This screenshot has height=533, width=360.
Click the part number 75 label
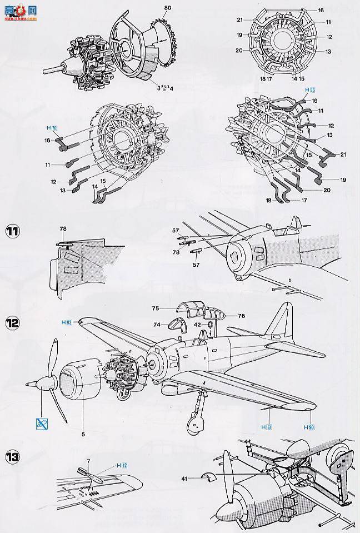coord(156,307)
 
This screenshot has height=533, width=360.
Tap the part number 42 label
coord(198,324)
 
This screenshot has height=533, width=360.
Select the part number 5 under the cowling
coord(83,429)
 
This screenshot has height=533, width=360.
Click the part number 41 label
coord(184,477)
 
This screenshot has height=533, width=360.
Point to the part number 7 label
coord(89,461)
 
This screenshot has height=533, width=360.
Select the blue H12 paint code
coord(122,465)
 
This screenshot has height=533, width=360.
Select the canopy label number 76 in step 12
coord(241,316)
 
